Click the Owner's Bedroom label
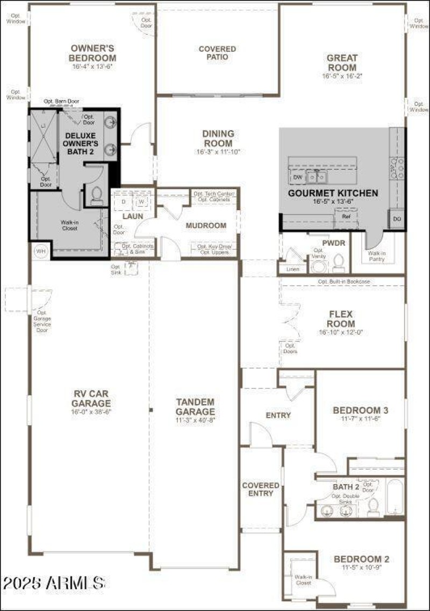pos(93,53)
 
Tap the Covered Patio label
pos(217,53)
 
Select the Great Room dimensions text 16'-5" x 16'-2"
pos(342,76)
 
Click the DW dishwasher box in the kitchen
pos(297,177)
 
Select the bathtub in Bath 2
pos(395,496)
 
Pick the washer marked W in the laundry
pos(141,202)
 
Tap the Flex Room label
pos(342,319)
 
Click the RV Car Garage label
pos(92,398)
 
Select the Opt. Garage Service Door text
pos(42,321)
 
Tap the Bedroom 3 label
pos(360,411)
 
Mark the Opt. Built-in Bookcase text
pos(344,281)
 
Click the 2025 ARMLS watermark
pos(54,582)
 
